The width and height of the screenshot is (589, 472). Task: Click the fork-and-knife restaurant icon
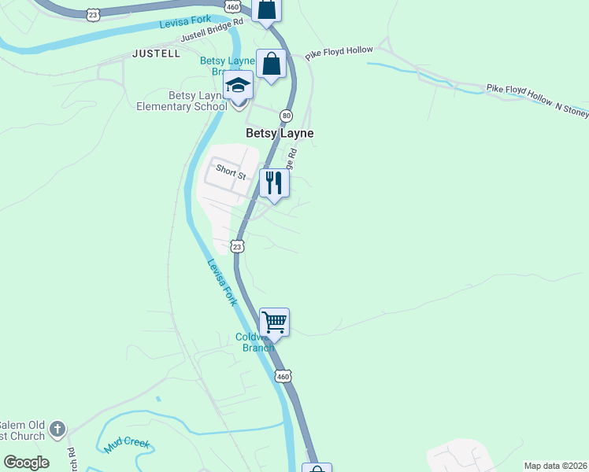[274, 183]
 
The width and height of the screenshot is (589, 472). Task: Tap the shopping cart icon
[274, 321]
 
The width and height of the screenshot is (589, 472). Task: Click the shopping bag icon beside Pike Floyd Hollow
[271, 64]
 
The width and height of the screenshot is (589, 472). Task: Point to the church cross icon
[56, 429]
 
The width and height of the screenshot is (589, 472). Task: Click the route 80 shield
[287, 115]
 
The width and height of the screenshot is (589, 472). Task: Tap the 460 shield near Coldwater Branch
[283, 377]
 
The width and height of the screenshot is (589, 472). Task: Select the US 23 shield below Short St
[237, 247]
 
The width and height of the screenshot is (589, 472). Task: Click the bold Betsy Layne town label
[280, 134]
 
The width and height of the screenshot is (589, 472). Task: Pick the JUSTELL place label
[157, 53]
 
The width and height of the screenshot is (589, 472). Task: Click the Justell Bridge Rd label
[212, 31]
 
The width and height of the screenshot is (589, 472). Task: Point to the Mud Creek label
[127, 446]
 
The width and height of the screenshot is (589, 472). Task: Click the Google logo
[26, 463]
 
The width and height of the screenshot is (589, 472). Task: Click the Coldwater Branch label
[254, 343]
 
